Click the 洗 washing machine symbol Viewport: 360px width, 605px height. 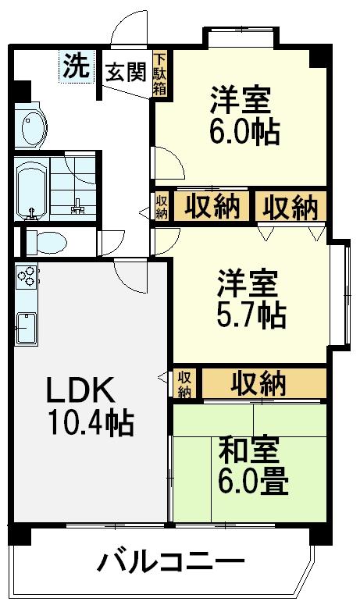point(77,66)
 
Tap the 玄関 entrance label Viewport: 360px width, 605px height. point(127,71)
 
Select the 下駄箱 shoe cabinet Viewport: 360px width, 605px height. point(160,73)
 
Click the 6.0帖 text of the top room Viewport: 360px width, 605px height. point(244,132)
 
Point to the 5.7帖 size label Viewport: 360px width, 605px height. point(251,315)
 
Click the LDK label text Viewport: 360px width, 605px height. point(80,390)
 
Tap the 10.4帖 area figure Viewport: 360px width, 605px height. point(91,423)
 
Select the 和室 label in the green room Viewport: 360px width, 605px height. point(249,450)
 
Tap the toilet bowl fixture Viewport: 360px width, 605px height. point(47,243)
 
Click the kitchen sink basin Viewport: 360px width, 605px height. point(27,328)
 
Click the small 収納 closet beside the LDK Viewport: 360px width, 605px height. point(184,384)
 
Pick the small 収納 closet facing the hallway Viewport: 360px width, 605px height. point(162,207)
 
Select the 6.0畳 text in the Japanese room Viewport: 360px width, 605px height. point(253,482)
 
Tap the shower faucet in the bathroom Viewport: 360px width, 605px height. point(77,207)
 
